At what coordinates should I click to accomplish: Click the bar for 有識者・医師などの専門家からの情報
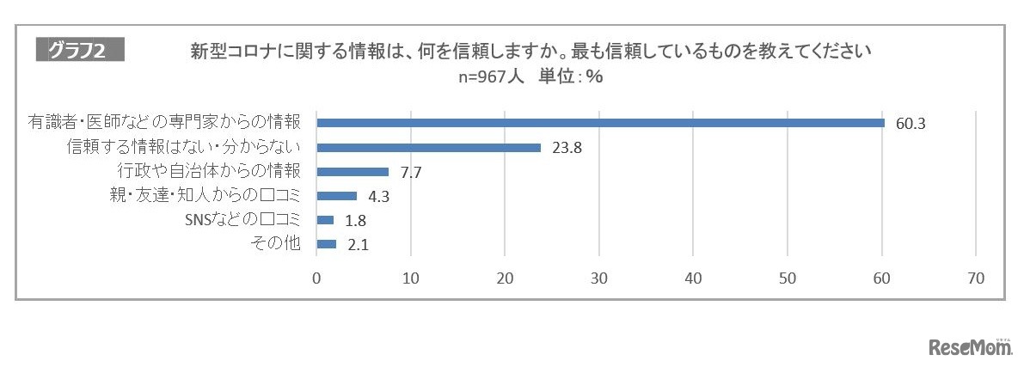click(600, 123)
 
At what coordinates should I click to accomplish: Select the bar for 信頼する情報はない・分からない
click(428, 147)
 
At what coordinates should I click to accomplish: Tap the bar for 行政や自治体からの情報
click(353, 171)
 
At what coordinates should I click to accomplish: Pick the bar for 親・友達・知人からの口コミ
click(336, 195)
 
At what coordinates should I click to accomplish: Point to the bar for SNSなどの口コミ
click(325, 219)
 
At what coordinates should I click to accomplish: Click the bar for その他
click(327, 243)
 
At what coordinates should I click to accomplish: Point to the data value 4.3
click(377, 196)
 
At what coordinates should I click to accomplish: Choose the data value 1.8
click(354, 220)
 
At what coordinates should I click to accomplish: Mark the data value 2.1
click(357, 244)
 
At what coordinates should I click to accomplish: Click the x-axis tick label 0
click(316, 278)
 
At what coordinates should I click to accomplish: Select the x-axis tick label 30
click(599, 278)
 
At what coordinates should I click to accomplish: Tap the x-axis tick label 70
click(976, 278)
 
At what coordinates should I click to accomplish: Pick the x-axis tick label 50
click(788, 278)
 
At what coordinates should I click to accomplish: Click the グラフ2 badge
click(80, 51)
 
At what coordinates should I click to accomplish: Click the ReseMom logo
click(970, 347)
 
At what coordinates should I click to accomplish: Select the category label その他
click(278, 243)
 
